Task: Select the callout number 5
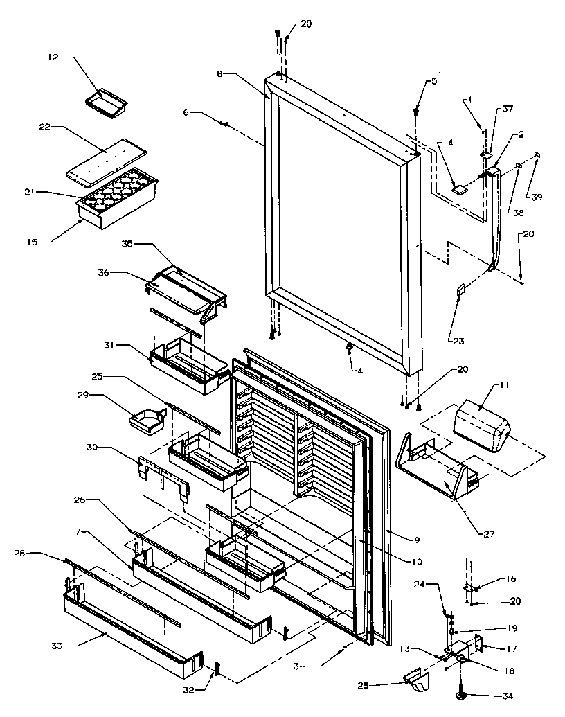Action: [434, 81]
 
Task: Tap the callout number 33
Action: [57, 645]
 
